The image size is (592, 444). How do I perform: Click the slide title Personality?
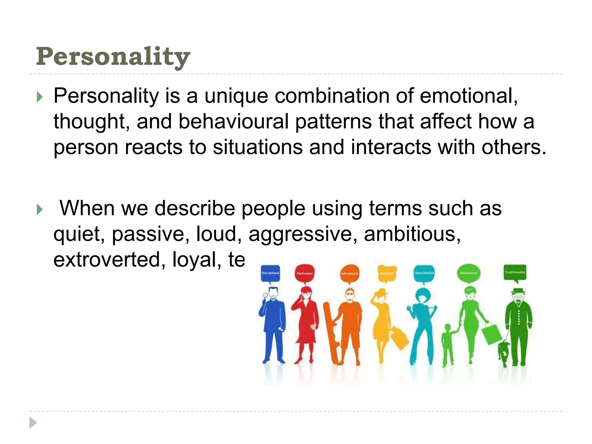[113, 57]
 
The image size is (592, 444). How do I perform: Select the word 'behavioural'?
[233, 121]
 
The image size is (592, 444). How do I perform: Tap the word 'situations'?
[258, 147]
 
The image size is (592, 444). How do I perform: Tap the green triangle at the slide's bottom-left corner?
[33, 423]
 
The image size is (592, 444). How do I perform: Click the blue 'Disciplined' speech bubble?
[270, 273]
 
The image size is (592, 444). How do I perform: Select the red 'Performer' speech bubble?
[304, 273]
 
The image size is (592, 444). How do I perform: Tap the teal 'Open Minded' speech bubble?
[424, 273]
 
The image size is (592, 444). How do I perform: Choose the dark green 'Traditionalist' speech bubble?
[515, 272]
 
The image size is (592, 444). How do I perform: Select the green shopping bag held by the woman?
[491, 334]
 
